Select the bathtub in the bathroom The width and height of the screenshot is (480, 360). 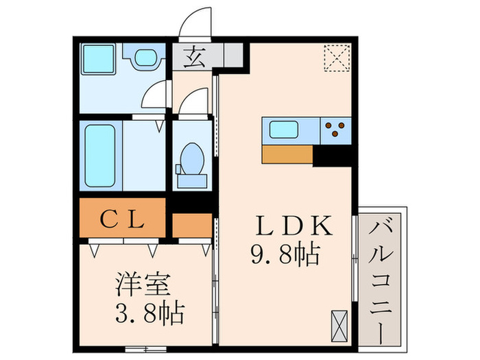click(100, 154)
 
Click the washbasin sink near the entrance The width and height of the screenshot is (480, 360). click(145, 58)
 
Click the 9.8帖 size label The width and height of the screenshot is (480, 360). click(285, 255)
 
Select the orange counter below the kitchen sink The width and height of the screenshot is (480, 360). click(289, 154)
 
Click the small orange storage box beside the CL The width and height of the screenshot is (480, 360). click(191, 226)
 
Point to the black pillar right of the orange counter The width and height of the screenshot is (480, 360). click(333, 156)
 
